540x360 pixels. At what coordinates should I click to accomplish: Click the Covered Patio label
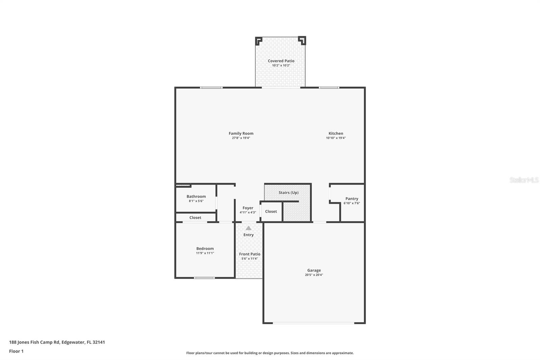[x=281, y=61]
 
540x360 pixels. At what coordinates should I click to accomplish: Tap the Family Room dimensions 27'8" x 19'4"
[x=241, y=138]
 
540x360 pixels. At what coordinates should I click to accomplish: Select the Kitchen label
[x=336, y=133]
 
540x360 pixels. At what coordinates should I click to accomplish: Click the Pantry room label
[x=352, y=199]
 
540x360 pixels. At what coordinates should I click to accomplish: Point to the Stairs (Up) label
[x=289, y=192]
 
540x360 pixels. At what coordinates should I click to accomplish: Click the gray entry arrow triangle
[x=248, y=228]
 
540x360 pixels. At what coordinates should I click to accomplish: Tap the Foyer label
[x=248, y=208]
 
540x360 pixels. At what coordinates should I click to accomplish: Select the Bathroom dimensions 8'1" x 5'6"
[x=196, y=201]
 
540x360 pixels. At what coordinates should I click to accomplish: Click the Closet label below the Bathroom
[x=195, y=217]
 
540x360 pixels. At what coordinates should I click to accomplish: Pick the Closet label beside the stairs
[x=271, y=211]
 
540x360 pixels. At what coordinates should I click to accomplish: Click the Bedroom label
[x=205, y=249]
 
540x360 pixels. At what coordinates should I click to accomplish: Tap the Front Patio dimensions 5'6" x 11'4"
[x=249, y=259]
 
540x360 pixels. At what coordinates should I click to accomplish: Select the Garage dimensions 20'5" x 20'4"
[x=314, y=275]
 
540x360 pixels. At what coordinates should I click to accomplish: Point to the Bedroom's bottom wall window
[x=204, y=278]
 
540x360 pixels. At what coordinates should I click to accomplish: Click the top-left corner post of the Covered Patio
[x=259, y=41]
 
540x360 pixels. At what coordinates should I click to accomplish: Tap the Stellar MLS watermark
[x=524, y=180]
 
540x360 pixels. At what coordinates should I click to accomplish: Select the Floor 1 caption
[x=16, y=351]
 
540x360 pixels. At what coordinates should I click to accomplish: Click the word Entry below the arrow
[x=248, y=235]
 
